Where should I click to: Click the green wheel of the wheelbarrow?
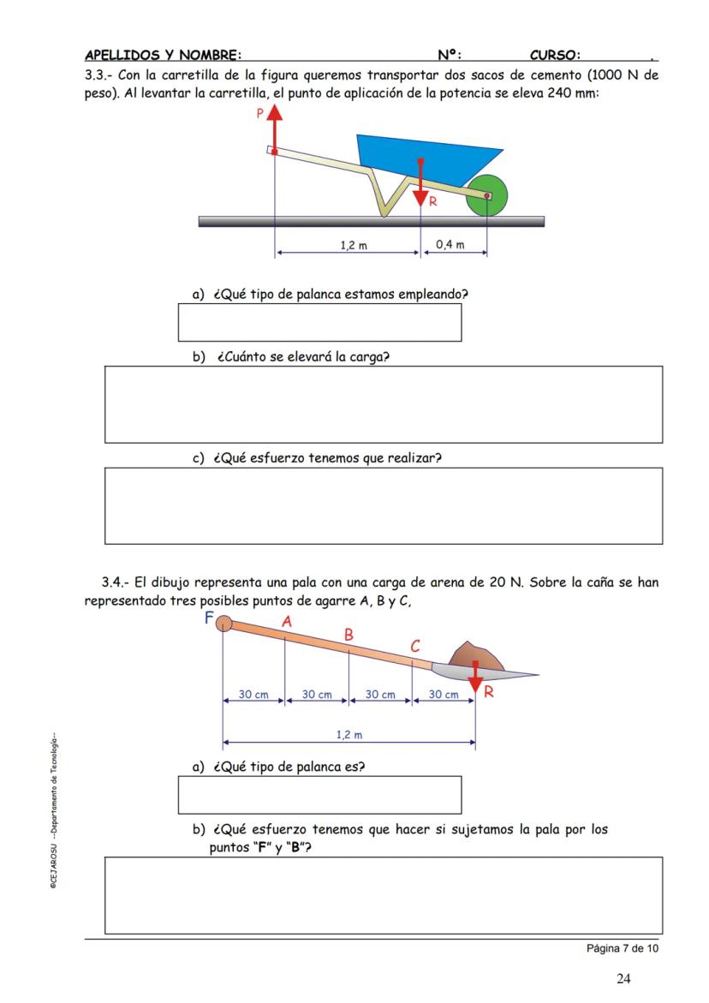[x=486, y=195]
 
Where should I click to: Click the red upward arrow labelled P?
[x=274, y=128]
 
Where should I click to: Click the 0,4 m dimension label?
[x=450, y=245]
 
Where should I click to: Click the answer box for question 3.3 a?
[x=319, y=322]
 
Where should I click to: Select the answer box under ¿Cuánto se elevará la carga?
[x=383, y=404]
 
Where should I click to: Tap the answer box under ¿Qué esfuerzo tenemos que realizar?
[x=383, y=505]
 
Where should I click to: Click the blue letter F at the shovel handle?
[x=208, y=618]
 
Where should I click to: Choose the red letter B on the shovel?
[x=349, y=636]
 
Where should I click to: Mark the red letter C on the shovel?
[x=415, y=647]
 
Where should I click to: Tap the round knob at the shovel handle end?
[x=223, y=623]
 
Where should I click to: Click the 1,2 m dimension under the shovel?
[x=349, y=734]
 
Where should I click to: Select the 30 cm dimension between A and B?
[x=317, y=695]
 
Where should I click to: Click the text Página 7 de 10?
[x=623, y=948]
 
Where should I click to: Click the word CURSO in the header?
[x=555, y=56]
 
